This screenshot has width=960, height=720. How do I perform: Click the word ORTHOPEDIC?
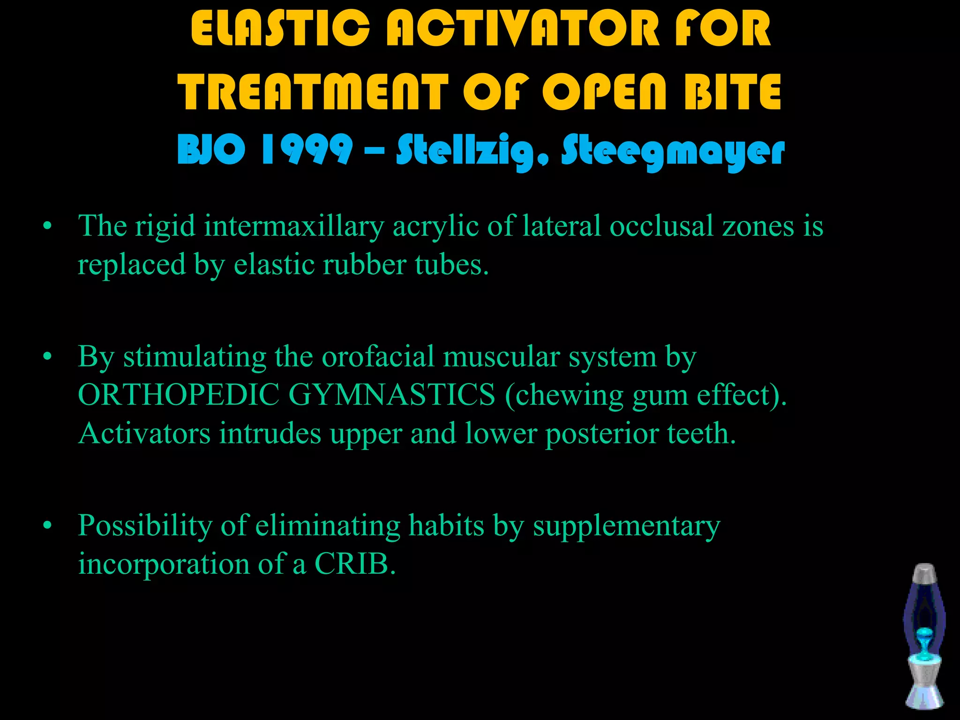click(x=179, y=395)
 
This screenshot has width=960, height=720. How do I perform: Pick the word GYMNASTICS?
click(x=395, y=395)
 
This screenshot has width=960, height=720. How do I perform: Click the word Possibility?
click(x=145, y=526)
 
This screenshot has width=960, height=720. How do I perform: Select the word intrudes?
click(x=270, y=433)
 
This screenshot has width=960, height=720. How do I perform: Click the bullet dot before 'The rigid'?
click(x=46, y=227)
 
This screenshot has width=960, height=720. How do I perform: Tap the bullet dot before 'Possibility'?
click(x=46, y=526)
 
